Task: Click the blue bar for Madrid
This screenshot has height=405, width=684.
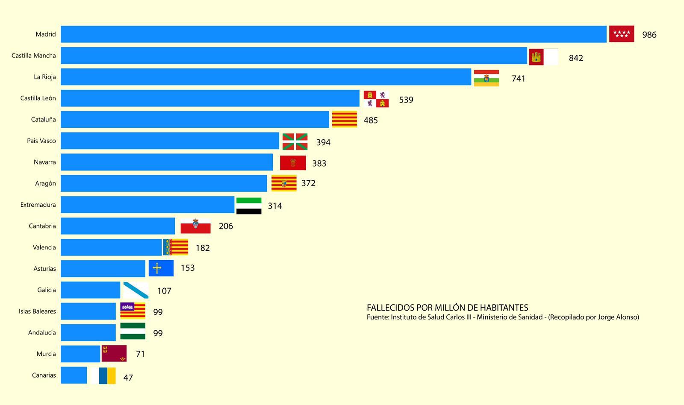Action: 333,34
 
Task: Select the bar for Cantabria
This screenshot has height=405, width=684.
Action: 118,226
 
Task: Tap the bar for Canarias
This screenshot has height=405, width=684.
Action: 74,375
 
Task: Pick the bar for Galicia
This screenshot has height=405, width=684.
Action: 91,290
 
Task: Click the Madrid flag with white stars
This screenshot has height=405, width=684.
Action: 621,34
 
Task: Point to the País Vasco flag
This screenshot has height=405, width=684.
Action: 295,142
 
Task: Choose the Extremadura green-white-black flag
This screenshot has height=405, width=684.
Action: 249,206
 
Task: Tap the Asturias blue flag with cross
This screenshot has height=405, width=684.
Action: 161,268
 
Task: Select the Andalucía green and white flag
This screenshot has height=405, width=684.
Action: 133,332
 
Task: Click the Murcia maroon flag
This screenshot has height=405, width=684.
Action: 114,353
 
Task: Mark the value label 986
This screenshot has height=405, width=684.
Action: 649,35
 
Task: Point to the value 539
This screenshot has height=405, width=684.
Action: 406,100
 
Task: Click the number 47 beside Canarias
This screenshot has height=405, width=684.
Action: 128,378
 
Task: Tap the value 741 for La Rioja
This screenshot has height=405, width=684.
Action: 518,79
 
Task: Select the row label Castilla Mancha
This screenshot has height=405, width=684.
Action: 34,56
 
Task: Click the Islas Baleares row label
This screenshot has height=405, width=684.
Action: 37,311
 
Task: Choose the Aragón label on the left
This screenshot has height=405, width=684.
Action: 45,184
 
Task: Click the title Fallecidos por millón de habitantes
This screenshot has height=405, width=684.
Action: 447,308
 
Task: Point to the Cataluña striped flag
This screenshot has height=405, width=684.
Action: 345,119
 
